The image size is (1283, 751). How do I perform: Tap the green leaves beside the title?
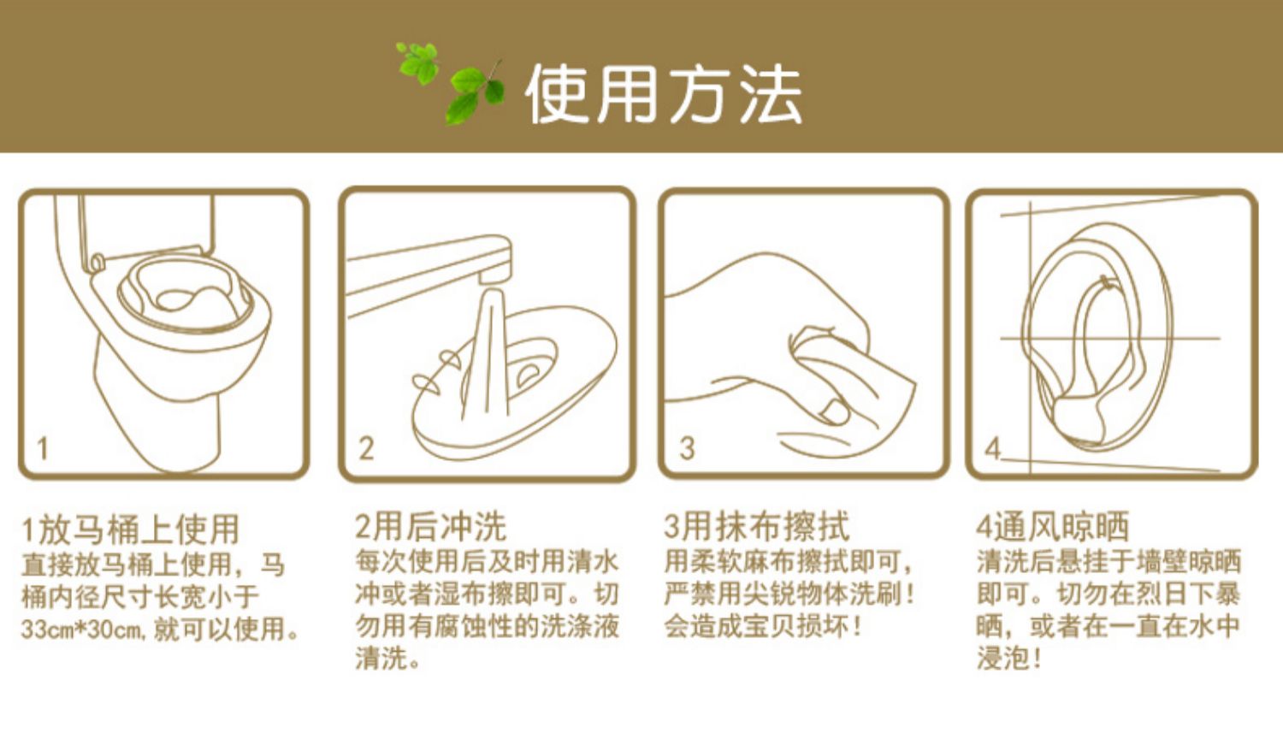pyautogui.click(x=451, y=84)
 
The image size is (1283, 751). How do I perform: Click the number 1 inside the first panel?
pyautogui.click(x=43, y=448)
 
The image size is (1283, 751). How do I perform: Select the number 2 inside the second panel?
pyautogui.click(x=366, y=448)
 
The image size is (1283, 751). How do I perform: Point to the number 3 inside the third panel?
pyautogui.click(x=687, y=448)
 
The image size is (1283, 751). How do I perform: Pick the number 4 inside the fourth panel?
pyautogui.click(x=992, y=448)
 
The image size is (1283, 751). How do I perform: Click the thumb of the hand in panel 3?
pyautogui.click(x=831, y=410)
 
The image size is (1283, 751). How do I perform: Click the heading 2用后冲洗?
pyautogui.click(x=431, y=527)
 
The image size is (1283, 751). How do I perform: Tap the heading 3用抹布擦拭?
pyautogui.click(x=756, y=527)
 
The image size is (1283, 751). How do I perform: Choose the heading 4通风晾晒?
pyautogui.click(x=1053, y=527)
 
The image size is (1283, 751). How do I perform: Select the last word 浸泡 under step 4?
pyautogui.click(x=1003, y=659)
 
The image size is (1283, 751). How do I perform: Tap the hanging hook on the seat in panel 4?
pyautogui.click(x=1109, y=282)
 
